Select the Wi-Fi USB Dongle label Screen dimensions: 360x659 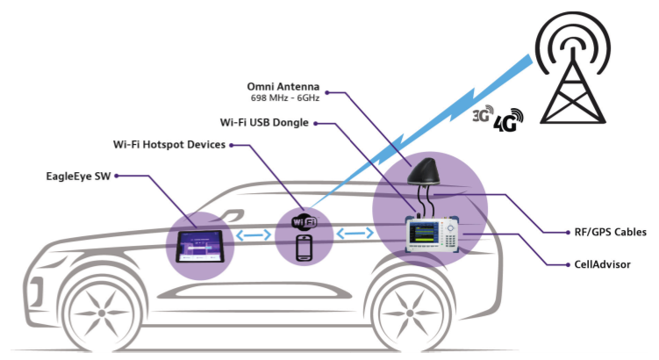coord(269,123)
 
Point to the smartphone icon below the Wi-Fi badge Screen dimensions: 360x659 coord(304,248)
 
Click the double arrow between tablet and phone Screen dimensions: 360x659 coord(254,235)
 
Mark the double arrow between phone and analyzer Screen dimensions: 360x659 coord(354,234)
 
